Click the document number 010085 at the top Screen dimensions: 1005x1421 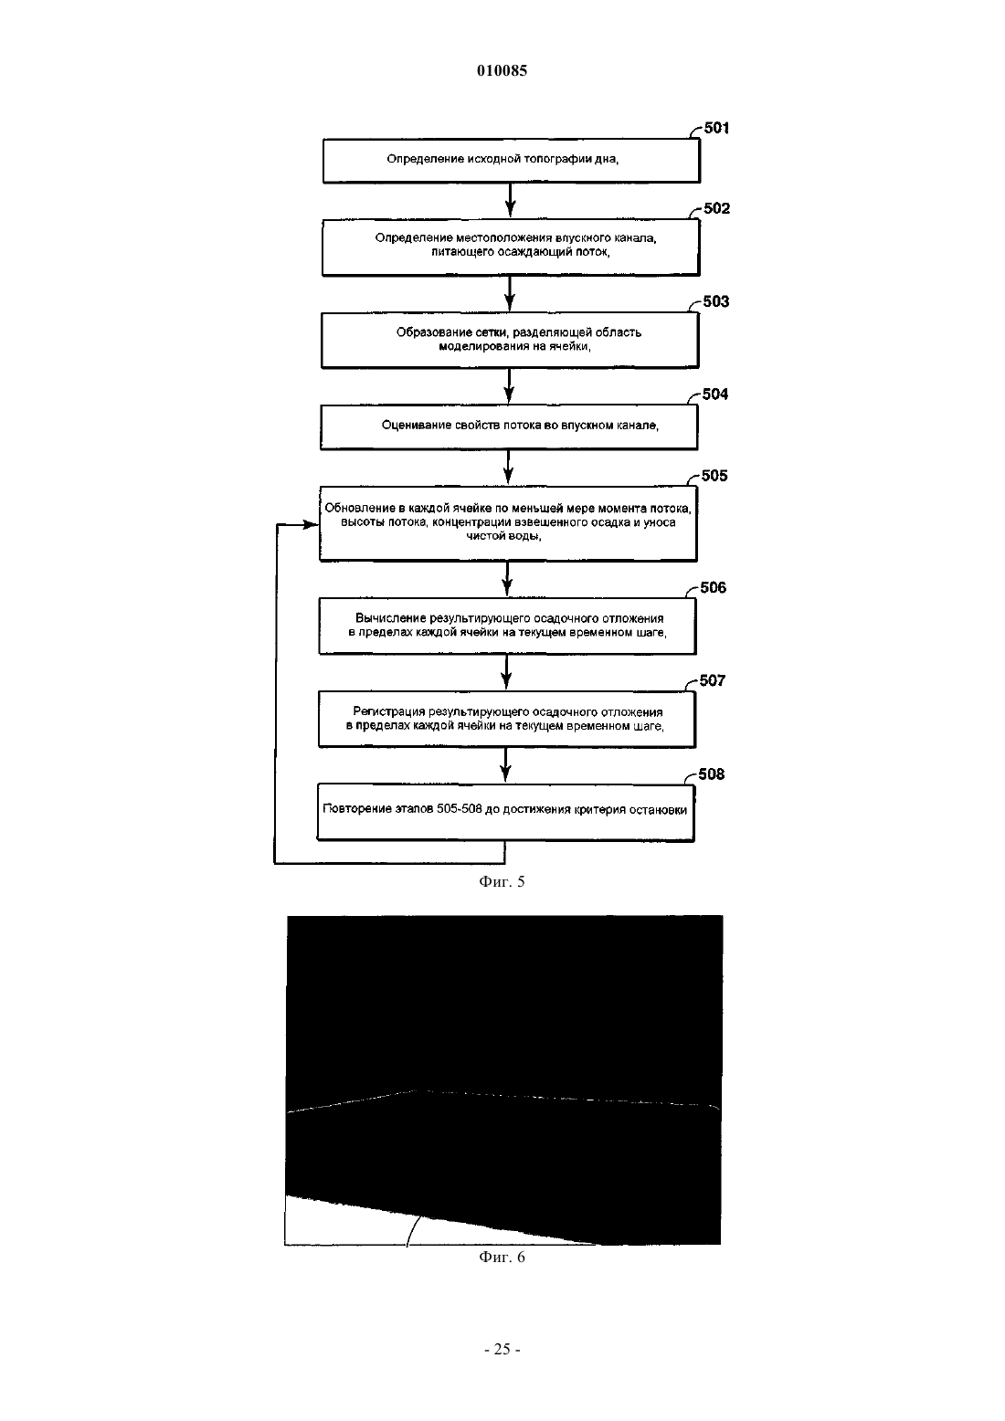tap(502, 70)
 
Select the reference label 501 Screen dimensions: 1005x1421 tap(716, 128)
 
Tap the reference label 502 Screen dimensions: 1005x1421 tap(716, 209)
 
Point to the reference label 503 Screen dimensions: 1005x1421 tap(715, 301)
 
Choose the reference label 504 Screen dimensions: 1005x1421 tap(715, 395)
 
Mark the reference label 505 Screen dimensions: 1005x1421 tap(714, 476)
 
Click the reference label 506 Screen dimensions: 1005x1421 tap(714, 587)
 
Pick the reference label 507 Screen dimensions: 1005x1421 tap(713, 680)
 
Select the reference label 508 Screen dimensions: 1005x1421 tap(711, 774)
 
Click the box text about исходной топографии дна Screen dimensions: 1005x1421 tap(512, 161)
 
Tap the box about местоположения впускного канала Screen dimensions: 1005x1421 tap(511, 247)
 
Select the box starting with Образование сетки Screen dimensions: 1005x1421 tap(510, 340)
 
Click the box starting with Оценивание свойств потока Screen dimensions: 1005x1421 tap(509, 427)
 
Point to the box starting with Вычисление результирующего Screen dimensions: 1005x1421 tap(508, 626)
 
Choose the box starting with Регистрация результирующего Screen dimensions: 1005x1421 tap(507, 720)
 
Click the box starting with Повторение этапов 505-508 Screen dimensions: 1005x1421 tap(505, 814)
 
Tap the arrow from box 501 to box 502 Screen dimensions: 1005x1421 tap(510, 201)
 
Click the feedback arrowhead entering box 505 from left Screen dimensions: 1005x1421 tap(311, 524)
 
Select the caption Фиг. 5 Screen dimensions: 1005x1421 tap(502, 882)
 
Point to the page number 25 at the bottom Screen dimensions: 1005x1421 tap(502, 1349)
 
